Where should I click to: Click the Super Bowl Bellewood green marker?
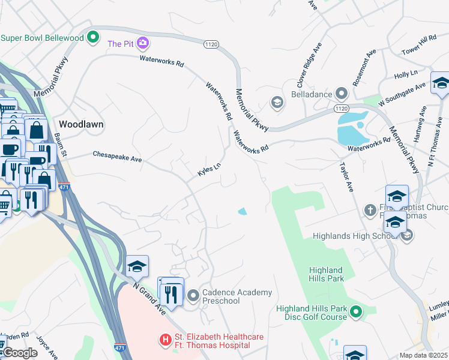click(92, 38)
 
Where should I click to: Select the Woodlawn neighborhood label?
click(81, 124)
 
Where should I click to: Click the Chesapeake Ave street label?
click(117, 157)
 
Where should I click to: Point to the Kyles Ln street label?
click(209, 170)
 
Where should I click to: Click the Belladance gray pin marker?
click(342, 94)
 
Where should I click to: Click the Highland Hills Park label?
click(326, 274)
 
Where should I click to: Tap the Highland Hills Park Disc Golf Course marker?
click(356, 311)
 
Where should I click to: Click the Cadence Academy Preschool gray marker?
click(193, 295)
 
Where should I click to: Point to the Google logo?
click(20, 353)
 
